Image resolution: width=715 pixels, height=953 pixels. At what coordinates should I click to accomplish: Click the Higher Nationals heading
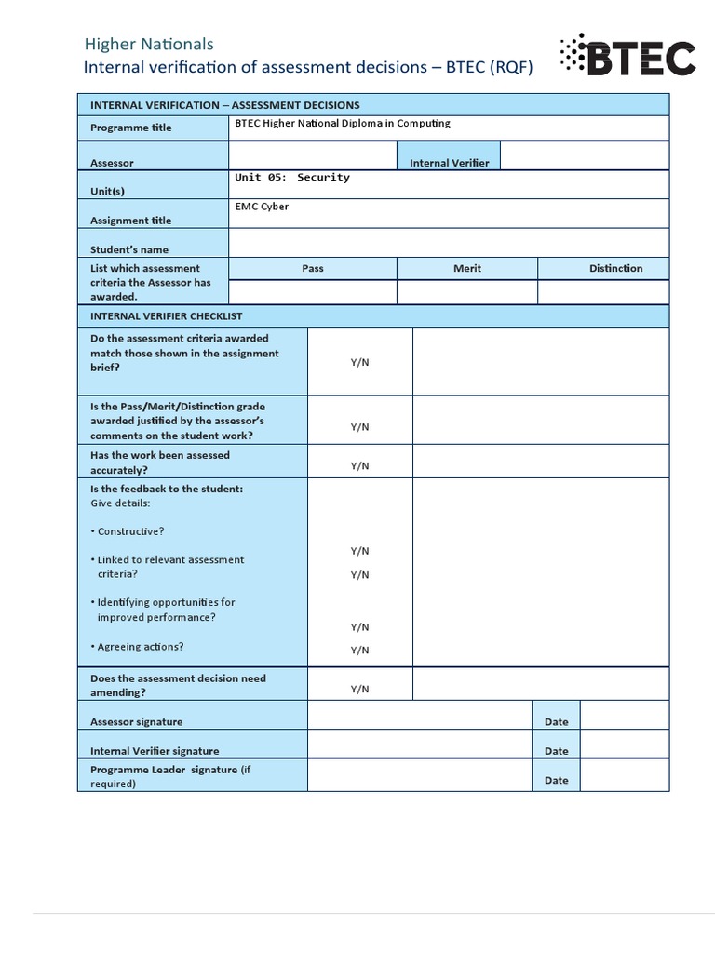[x=149, y=44]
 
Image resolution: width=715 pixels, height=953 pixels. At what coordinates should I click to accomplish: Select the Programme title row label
[x=130, y=128]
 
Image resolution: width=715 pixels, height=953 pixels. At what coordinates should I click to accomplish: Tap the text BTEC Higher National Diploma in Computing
[x=342, y=123]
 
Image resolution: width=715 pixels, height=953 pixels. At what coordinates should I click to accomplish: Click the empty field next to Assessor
[x=313, y=155]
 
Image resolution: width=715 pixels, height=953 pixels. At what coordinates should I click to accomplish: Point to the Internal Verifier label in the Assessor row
[x=449, y=163]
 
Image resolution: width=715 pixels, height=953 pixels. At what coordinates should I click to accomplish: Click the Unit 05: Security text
[x=292, y=177]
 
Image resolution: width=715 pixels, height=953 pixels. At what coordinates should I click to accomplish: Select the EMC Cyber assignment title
[x=262, y=207]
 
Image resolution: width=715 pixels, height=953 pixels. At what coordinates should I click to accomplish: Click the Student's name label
[x=129, y=249]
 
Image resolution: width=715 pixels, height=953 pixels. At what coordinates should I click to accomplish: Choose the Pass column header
[x=313, y=268]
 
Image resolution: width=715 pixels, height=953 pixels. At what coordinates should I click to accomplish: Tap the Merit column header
[x=467, y=268]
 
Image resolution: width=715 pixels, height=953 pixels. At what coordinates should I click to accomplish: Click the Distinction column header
[x=615, y=268]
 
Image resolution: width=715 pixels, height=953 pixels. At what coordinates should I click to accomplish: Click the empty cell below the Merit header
[x=467, y=292]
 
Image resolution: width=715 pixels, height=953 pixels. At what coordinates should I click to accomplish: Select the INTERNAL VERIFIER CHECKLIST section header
[x=166, y=316]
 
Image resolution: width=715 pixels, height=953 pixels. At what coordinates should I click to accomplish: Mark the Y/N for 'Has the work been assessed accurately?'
[x=359, y=465]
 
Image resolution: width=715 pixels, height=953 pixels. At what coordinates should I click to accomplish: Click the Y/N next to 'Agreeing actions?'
[x=359, y=651]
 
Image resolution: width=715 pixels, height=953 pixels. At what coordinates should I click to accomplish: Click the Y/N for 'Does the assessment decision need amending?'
[x=359, y=689]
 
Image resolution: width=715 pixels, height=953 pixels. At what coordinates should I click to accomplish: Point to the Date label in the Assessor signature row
[x=556, y=721]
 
